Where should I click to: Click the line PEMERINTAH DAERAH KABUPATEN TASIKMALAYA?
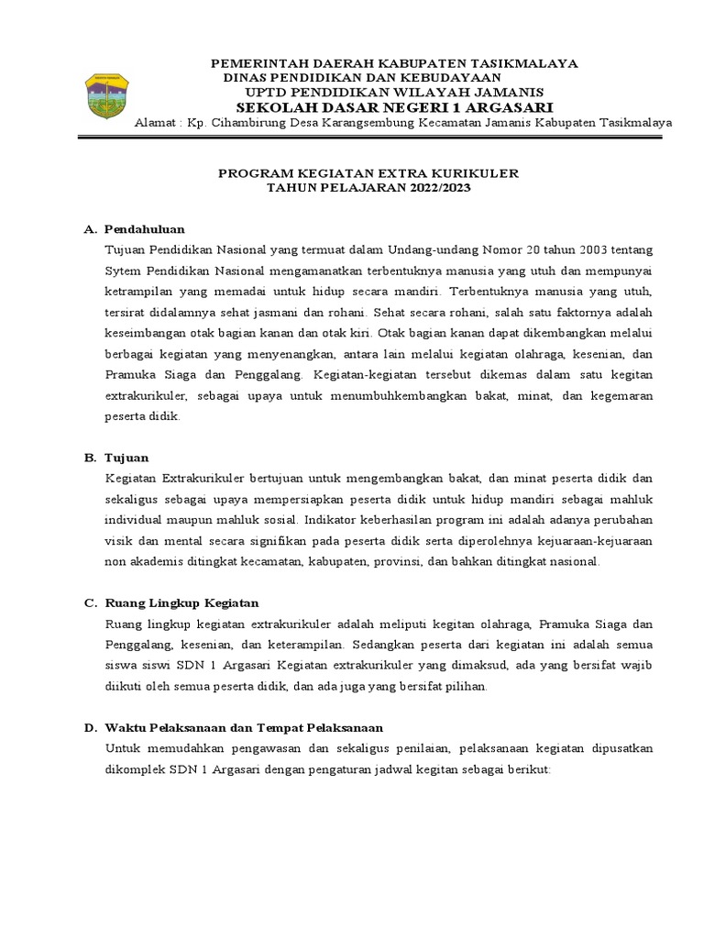(394, 63)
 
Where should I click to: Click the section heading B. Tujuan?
(123, 457)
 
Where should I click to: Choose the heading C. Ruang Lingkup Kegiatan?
(171, 602)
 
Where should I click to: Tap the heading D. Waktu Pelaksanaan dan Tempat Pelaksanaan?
(233, 727)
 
